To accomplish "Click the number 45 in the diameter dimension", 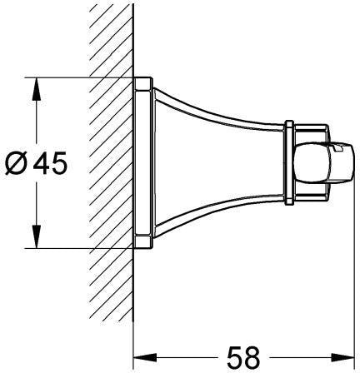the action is point(50,163).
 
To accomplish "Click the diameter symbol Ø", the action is point(17,163).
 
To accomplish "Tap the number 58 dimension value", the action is point(243,356).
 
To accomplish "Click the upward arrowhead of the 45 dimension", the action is point(37,89).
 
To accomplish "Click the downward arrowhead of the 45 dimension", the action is point(37,236).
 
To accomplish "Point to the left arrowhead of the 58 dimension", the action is point(145,357).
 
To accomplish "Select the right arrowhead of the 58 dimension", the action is point(342,357).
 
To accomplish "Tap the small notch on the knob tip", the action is point(338,148).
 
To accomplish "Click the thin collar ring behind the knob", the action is point(289,162).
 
